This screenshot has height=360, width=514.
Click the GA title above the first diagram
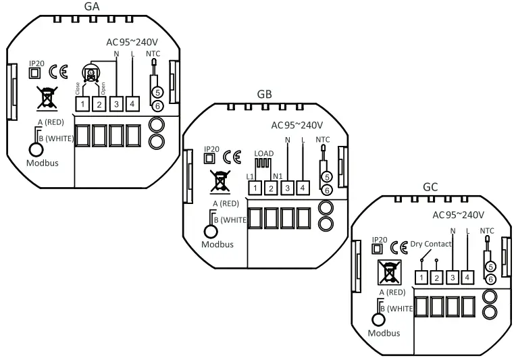[93, 7]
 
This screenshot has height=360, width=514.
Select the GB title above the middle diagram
[264, 94]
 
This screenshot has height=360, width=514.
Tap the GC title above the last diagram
[430, 186]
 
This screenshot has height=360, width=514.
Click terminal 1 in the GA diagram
[82, 104]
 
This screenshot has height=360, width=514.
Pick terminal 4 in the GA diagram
[132, 104]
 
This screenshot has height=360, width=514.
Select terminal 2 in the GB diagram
[271, 187]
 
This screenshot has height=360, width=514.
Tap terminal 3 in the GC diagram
[453, 277]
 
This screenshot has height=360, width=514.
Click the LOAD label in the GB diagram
[263, 153]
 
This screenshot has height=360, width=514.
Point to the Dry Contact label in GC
[430, 244]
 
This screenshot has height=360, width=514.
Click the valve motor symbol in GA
[90, 73]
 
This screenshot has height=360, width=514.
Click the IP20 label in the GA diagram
[36, 64]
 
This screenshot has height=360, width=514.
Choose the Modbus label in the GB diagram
[217, 244]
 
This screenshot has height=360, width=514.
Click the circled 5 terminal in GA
[156, 92]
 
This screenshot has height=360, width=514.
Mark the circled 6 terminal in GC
[490, 279]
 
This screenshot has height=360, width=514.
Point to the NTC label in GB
[324, 140]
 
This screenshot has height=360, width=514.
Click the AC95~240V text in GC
[458, 215]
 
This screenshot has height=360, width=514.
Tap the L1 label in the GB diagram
[250, 176]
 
